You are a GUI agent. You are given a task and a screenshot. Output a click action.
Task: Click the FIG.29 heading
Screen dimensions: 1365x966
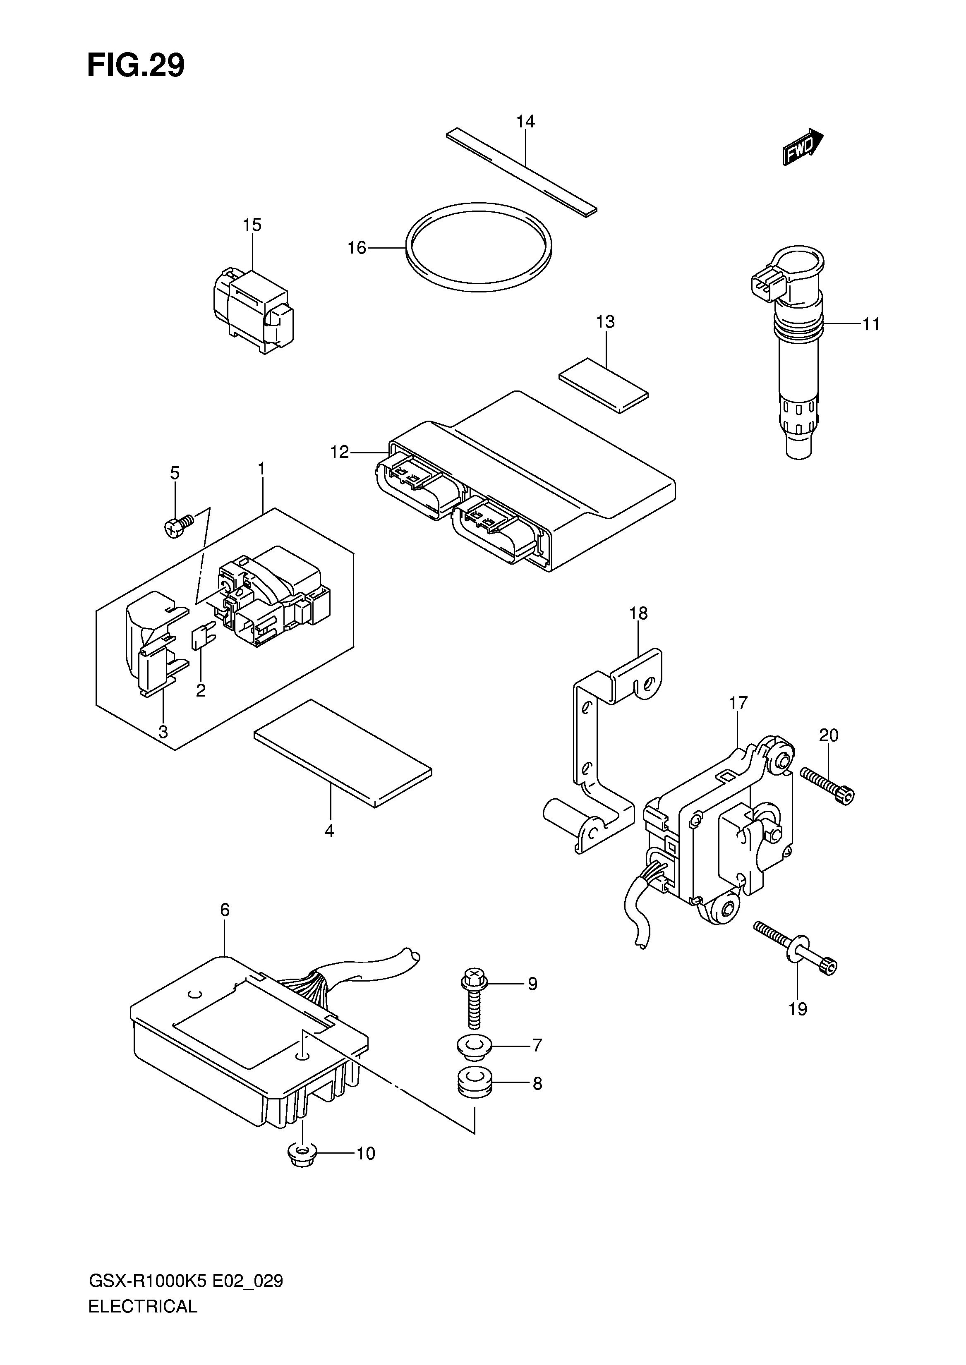136,65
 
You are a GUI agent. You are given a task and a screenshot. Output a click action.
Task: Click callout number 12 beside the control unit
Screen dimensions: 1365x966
340,452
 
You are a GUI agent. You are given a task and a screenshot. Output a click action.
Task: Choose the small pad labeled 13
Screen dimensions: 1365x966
604,384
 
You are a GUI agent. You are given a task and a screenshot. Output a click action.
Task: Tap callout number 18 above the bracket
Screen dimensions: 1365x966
638,613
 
